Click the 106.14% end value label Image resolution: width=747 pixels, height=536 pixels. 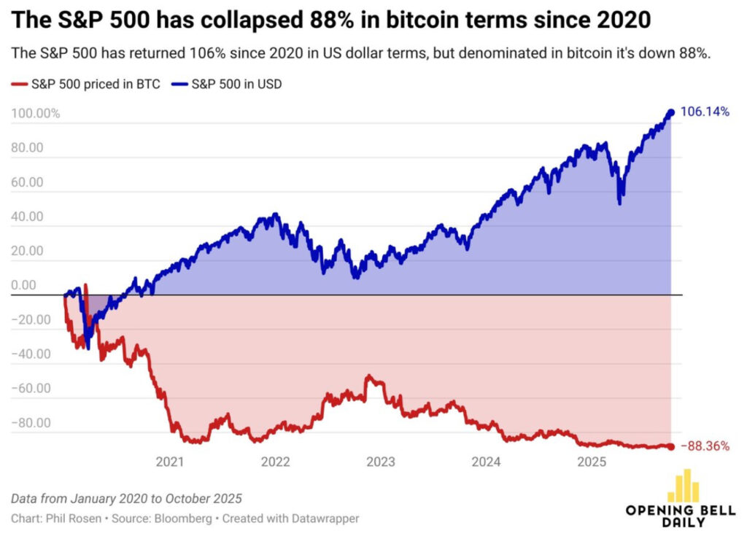[x=705, y=112]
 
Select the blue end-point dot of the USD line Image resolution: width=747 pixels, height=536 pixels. [x=670, y=112]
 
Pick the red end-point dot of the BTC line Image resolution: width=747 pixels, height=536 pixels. [x=670, y=446]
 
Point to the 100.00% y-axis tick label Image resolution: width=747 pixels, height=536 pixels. [x=35, y=114]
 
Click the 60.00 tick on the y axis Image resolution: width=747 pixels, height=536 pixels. [x=28, y=182]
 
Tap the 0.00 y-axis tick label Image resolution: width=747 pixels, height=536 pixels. [x=25, y=285]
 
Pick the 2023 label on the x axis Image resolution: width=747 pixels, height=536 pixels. [x=381, y=462]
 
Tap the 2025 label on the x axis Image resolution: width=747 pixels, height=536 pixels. [x=592, y=462]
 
